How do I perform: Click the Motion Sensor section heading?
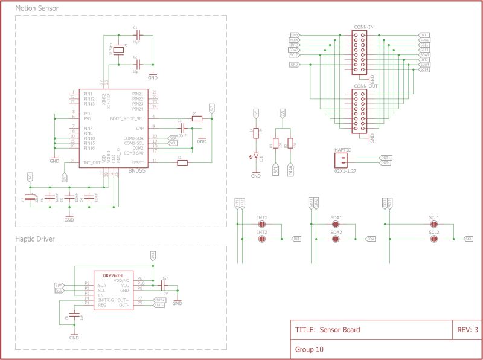(x=37, y=8)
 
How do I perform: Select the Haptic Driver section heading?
(x=35, y=239)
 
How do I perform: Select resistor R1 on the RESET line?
(x=182, y=162)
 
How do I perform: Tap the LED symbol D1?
(x=256, y=156)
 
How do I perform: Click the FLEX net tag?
(x=294, y=40)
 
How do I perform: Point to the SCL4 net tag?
(x=424, y=69)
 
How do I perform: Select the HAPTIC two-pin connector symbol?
(x=342, y=159)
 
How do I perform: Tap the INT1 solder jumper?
(x=262, y=224)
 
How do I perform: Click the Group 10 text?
(x=309, y=349)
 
